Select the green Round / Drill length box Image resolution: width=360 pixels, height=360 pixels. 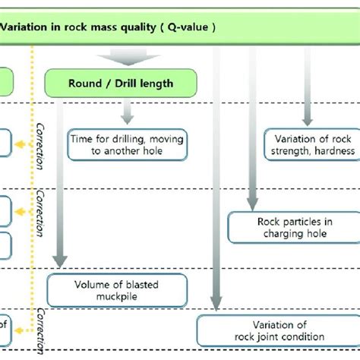(x=122, y=83)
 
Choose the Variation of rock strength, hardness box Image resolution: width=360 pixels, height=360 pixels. (x=308, y=144)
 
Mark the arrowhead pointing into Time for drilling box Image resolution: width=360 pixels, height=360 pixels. (x=127, y=120)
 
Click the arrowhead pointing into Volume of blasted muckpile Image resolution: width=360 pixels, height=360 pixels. (x=58, y=263)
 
